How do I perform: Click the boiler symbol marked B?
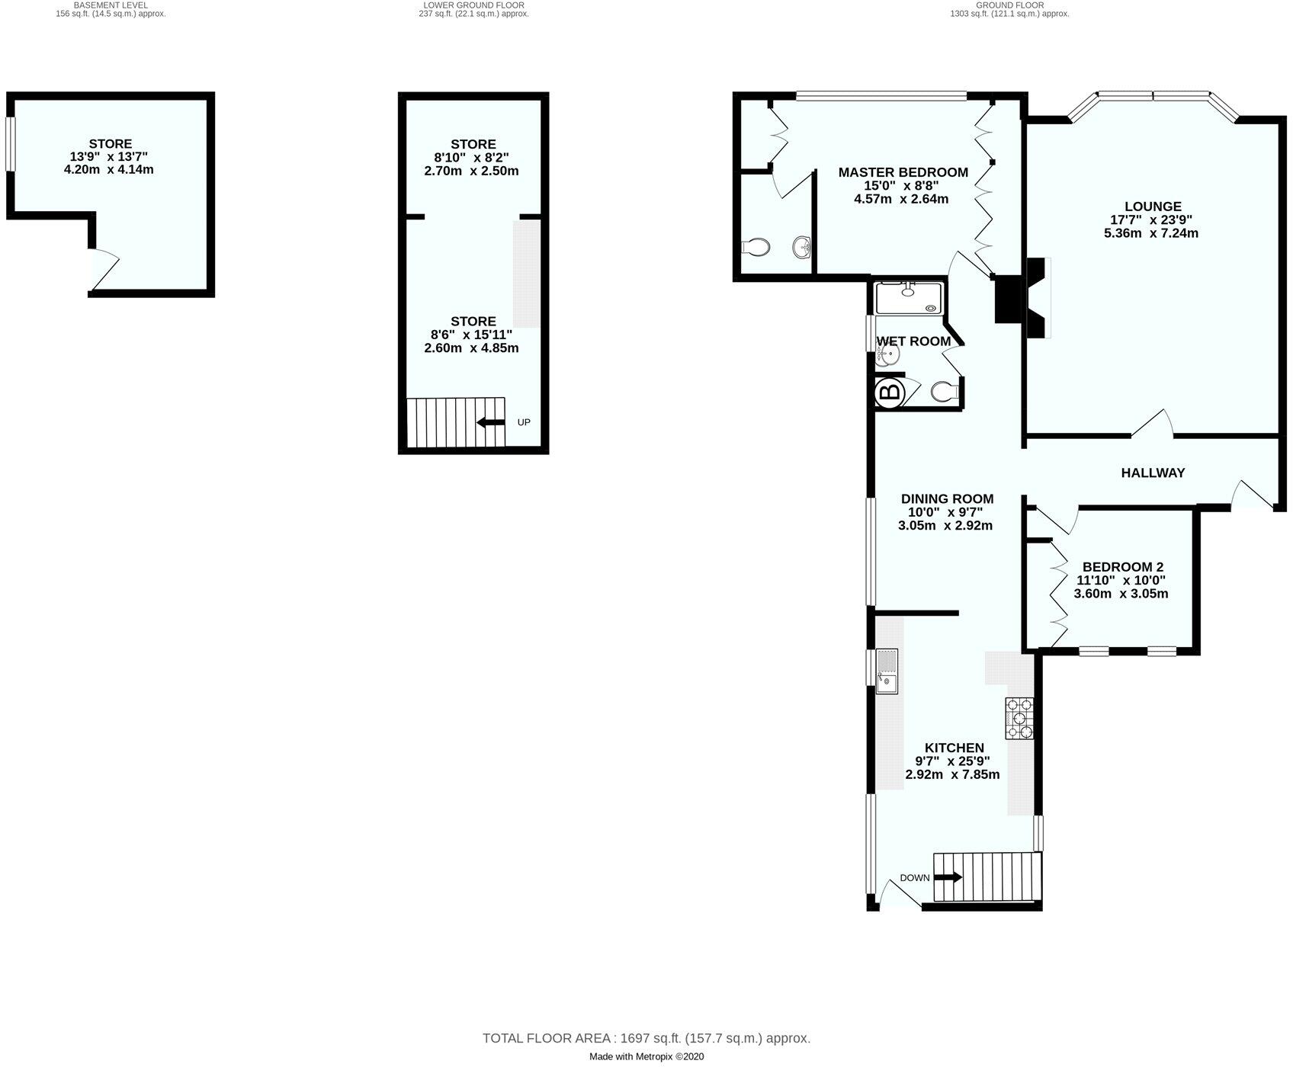click(889, 393)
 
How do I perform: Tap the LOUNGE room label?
click(1152, 206)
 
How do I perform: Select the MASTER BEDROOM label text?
click(903, 172)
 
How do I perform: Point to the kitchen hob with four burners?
click(1020, 719)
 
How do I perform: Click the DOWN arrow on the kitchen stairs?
click(948, 877)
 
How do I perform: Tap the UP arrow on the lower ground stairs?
click(489, 422)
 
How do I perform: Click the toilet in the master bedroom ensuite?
click(756, 247)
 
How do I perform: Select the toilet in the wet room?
click(944, 392)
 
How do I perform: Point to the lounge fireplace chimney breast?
click(1011, 300)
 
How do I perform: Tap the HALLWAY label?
click(1152, 473)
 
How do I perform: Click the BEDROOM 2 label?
click(1122, 567)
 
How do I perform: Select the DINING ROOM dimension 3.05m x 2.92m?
click(945, 526)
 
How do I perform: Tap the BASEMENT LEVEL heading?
click(111, 5)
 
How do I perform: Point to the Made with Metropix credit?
click(646, 1057)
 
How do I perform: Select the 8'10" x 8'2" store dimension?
click(473, 158)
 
